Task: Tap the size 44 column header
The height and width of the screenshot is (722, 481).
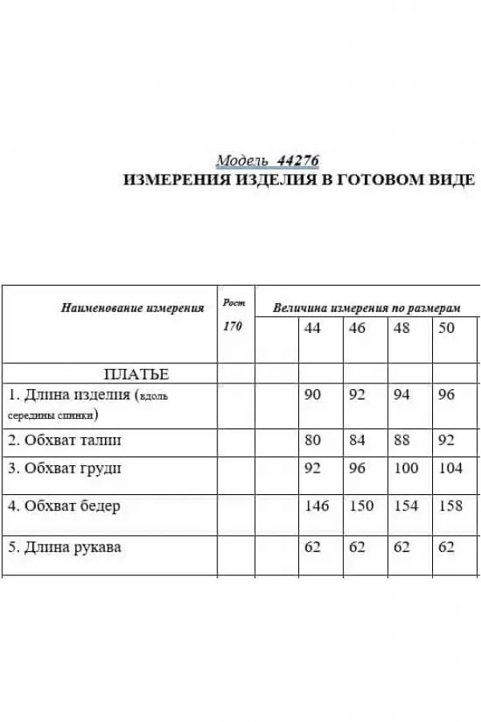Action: pyautogui.click(x=313, y=328)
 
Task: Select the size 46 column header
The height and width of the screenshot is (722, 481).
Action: pyautogui.click(x=357, y=328)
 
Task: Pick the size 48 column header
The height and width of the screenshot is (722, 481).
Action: pyautogui.click(x=402, y=328)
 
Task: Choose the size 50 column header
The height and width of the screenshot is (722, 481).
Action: pyautogui.click(x=447, y=328)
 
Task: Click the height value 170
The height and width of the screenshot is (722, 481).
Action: pyautogui.click(x=232, y=327)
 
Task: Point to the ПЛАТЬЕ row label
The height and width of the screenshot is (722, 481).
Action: pyautogui.click(x=136, y=374)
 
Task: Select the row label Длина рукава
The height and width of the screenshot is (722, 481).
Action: pyautogui.click(x=65, y=548)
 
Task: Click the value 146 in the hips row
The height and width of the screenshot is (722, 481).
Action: pyautogui.click(x=317, y=506)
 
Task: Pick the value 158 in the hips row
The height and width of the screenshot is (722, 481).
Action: pyautogui.click(x=451, y=506)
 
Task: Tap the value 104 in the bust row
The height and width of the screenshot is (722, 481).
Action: pyautogui.click(x=451, y=468)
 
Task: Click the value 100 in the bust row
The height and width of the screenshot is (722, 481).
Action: pyautogui.click(x=406, y=468)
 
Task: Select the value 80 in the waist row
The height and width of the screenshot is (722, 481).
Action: pyautogui.click(x=313, y=440)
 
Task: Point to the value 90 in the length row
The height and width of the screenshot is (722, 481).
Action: pyautogui.click(x=313, y=395)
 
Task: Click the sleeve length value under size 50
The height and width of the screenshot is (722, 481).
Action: pyautogui.click(x=447, y=548)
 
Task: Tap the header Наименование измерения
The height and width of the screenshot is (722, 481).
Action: pyautogui.click(x=132, y=307)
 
